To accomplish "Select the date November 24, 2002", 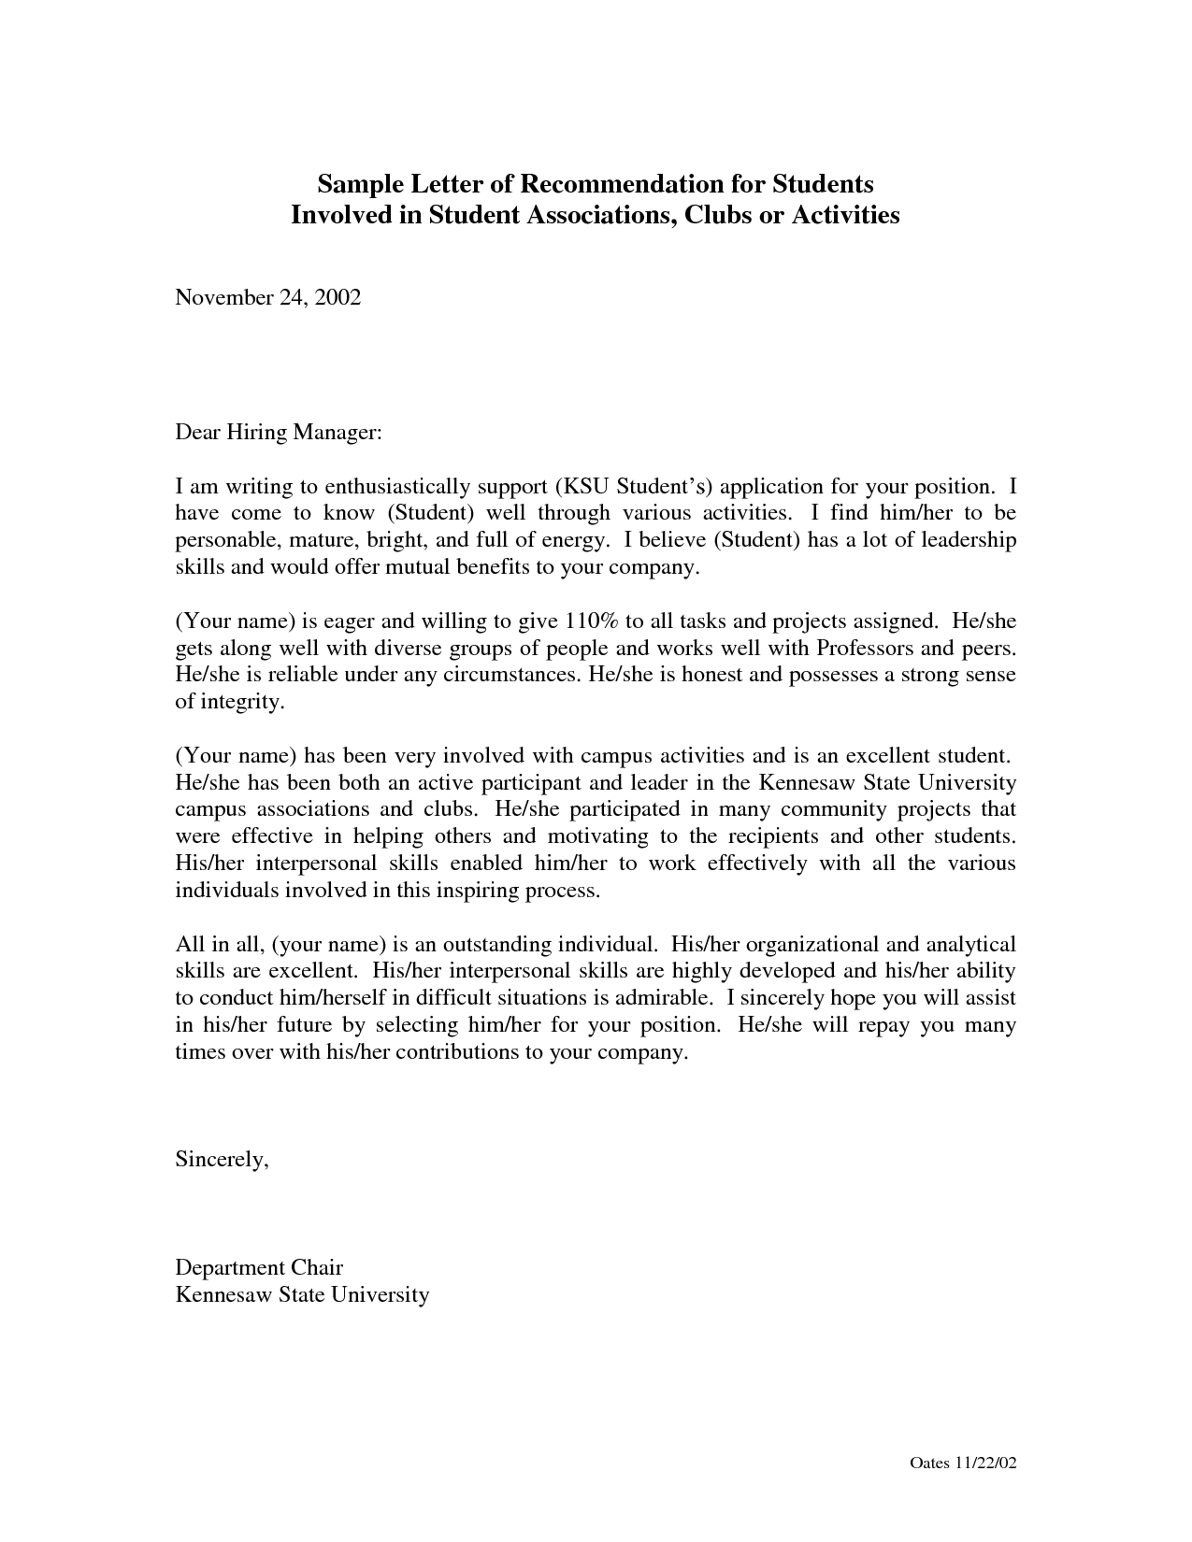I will click(x=268, y=298).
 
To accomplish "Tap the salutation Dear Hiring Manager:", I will click(x=280, y=433).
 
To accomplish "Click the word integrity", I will click(x=241, y=702).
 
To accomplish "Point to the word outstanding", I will click(x=495, y=945).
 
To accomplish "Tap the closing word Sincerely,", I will click(x=223, y=1160).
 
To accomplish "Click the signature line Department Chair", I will click(x=259, y=1268).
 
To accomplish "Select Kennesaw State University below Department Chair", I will click(x=302, y=1295).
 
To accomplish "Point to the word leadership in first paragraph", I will click(x=968, y=540).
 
